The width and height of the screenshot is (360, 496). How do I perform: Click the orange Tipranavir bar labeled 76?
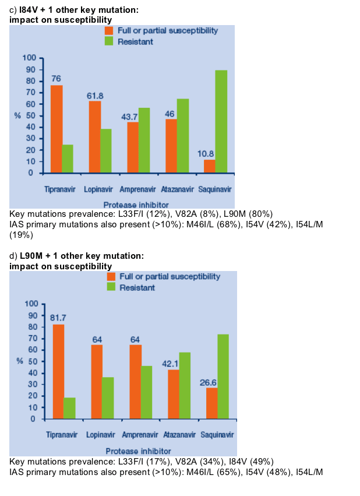coord(57,129)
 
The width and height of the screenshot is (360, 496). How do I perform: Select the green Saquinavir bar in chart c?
coord(221,121)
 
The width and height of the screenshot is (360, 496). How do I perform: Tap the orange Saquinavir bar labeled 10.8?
coord(210,166)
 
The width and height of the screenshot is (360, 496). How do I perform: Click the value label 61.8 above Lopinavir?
coord(95,96)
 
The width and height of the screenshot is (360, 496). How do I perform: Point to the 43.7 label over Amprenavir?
coord(129,117)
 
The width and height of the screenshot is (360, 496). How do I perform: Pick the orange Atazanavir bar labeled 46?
coord(171,146)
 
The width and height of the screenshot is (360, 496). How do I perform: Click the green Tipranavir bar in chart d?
coord(69,408)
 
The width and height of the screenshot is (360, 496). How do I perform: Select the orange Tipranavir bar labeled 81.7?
coord(58,372)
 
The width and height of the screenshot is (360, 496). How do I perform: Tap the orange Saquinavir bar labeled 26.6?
coord(212,403)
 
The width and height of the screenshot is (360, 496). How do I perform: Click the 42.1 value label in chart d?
coord(170,364)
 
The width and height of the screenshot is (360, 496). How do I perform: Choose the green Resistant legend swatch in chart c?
coord(109,41)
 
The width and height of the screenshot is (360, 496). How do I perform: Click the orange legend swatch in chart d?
coord(111,276)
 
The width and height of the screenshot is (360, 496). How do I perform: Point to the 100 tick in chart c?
coord(29,58)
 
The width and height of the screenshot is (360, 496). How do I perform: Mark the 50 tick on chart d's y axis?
coord(33,361)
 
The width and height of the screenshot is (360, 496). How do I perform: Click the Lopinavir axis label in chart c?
coord(98,189)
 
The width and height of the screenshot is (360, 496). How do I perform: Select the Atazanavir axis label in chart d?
coord(179,435)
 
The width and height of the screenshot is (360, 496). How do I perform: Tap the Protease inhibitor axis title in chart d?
coord(138,451)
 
